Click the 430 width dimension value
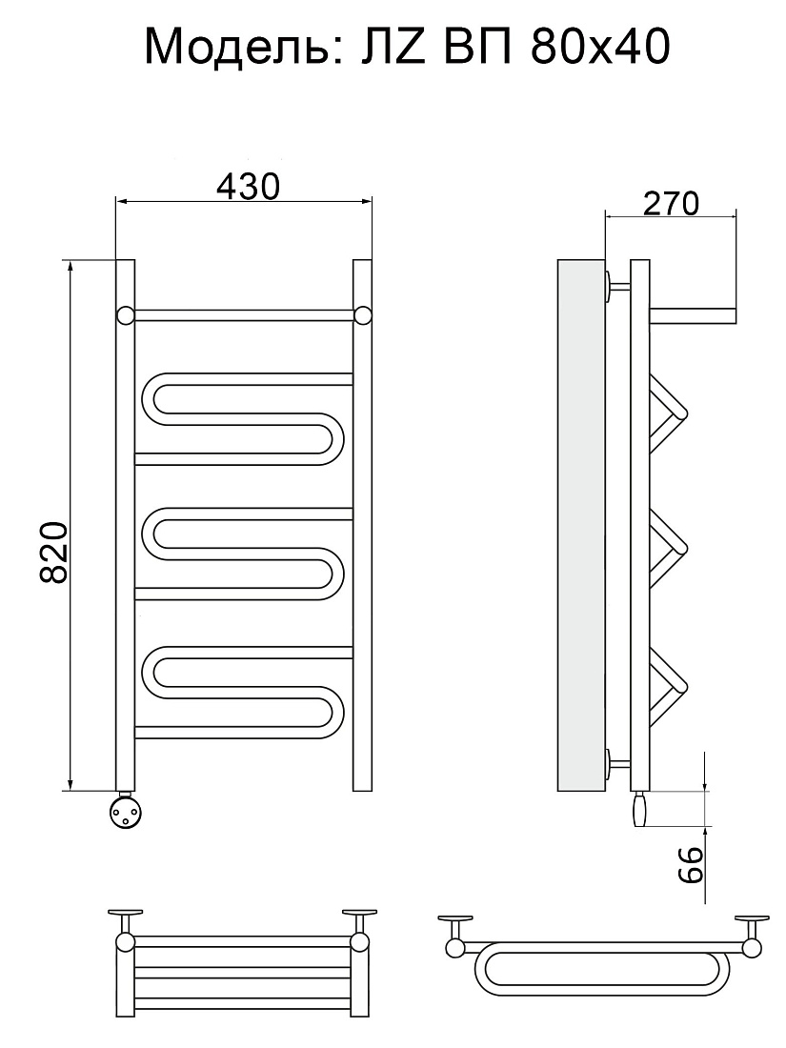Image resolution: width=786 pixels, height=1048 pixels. click(x=248, y=187)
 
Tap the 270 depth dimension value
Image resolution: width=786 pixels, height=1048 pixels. click(x=671, y=203)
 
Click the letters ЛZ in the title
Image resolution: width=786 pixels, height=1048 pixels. click(x=393, y=48)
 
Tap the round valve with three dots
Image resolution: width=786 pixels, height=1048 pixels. click(x=125, y=812)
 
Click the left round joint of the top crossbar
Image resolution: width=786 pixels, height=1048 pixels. click(x=126, y=314)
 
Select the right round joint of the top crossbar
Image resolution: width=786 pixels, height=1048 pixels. click(x=362, y=314)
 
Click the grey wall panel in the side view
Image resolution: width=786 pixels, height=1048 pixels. click(x=581, y=525)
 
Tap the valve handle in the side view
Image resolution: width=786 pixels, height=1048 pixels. click(x=640, y=809)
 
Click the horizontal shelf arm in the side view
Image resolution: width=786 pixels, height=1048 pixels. click(x=693, y=315)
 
